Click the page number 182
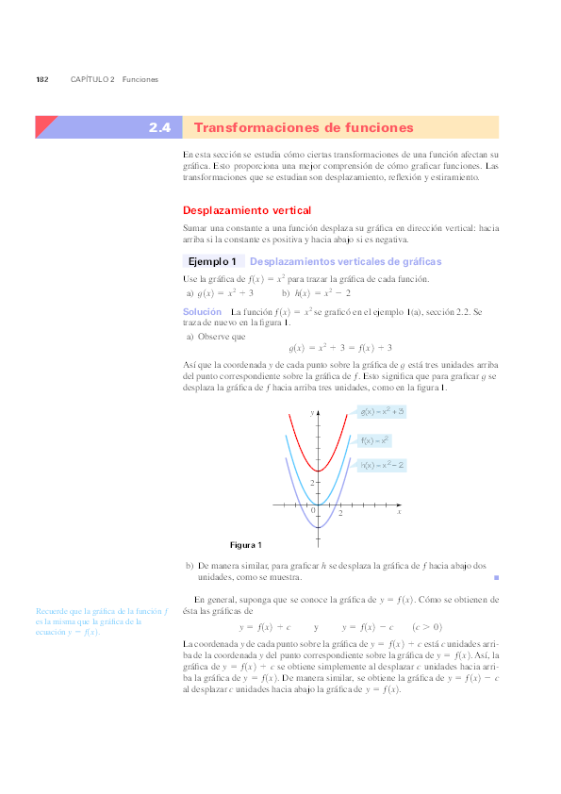(x=42, y=79)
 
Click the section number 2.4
(x=158, y=127)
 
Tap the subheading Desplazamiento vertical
(x=246, y=210)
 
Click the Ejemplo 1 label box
(x=212, y=261)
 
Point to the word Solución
(x=202, y=311)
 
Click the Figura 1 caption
(x=246, y=545)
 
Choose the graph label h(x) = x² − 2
(x=382, y=465)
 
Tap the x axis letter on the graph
(x=399, y=511)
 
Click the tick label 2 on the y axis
(x=312, y=482)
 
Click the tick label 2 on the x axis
(x=340, y=512)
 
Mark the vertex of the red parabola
(x=319, y=470)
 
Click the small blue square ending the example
(x=496, y=576)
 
